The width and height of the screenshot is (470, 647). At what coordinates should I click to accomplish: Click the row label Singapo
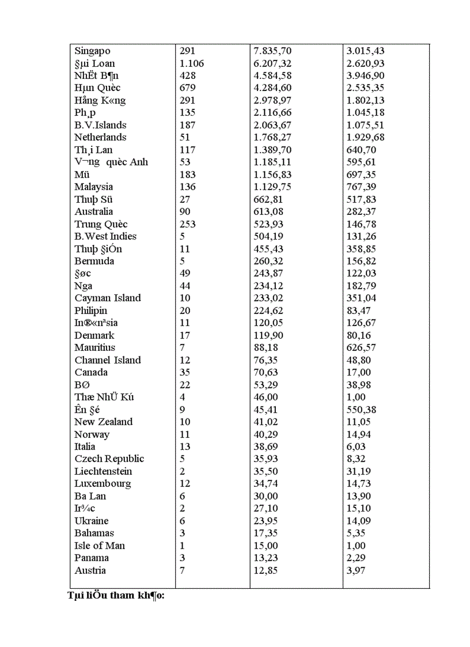click(x=92, y=51)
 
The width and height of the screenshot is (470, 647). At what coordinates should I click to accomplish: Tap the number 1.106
click(x=192, y=63)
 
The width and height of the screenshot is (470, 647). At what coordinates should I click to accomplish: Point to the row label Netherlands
click(x=100, y=137)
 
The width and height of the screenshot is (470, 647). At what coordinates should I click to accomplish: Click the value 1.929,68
click(x=365, y=137)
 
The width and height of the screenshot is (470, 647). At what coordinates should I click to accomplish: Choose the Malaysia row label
click(x=93, y=187)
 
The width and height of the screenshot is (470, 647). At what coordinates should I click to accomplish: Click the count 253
click(x=188, y=224)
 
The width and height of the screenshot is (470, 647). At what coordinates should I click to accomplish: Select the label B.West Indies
click(x=105, y=236)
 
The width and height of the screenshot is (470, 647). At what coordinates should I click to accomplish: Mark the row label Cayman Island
click(x=108, y=298)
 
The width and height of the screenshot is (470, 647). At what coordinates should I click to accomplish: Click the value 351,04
click(x=361, y=298)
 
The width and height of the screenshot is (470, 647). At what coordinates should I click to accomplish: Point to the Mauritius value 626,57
click(x=361, y=347)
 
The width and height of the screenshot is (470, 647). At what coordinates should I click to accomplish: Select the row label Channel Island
click(x=108, y=360)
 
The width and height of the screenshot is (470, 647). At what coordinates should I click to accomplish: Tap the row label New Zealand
click(x=104, y=422)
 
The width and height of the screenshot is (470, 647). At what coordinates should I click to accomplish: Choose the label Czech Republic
click(x=109, y=459)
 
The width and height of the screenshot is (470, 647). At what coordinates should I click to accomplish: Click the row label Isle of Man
click(x=100, y=546)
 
